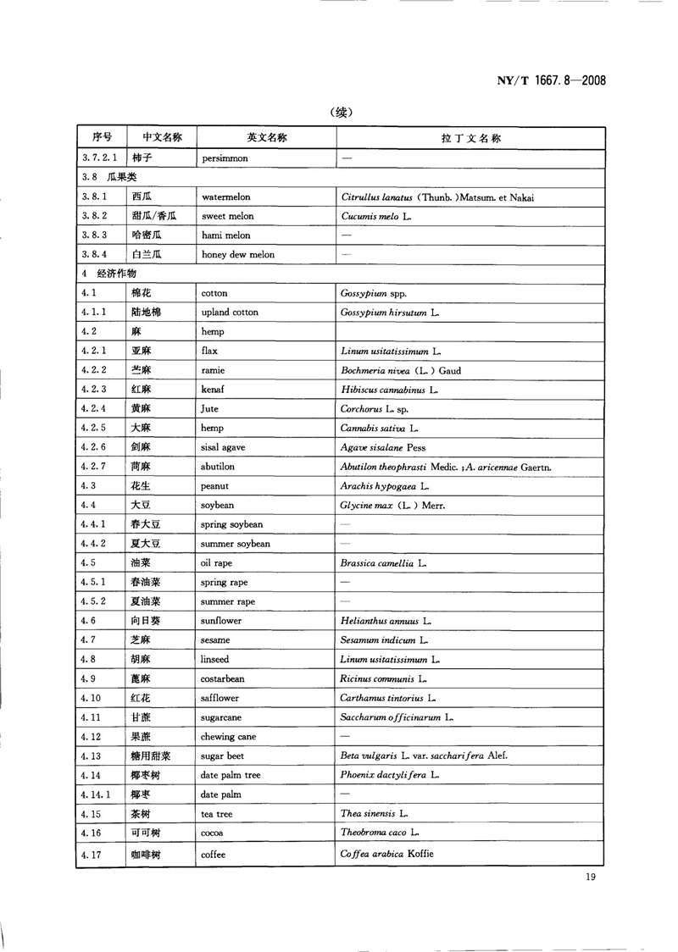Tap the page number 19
pyautogui.click(x=591, y=877)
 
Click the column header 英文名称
pyautogui.click(x=266, y=137)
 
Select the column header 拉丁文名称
pyautogui.click(x=470, y=137)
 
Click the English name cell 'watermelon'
pyautogui.click(x=225, y=196)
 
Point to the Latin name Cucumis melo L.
pyautogui.click(x=375, y=216)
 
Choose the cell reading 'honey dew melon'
pyautogui.click(x=237, y=254)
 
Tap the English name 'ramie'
pyautogui.click(x=214, y=370)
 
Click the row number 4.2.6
pyautogui.click(x=93, y=447)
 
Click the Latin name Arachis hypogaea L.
pyautogui.click(x=385, y=486)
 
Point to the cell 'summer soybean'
pyautogui.click(x=235, y=544)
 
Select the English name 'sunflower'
pyautogui.click(x=221, y=621)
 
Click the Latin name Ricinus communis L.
pyautogui.click(x=383, y=678)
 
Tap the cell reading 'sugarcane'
pyautogui.click(x=222, y=717)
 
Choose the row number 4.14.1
pyautogui.click(x=97, y=794)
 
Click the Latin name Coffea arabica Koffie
pyautogui.click(x=386, y=854)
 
